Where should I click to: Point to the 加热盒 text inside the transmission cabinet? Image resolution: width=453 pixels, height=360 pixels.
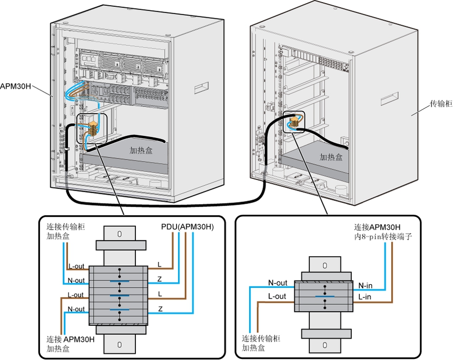point(331,157)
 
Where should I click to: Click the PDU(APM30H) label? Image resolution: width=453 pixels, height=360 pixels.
point(188,227)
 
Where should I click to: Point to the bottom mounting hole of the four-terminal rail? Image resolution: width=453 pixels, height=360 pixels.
point(120,344)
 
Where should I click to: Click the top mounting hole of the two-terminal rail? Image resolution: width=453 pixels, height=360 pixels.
point(323,265)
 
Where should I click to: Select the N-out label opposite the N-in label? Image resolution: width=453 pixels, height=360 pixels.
point(278,283)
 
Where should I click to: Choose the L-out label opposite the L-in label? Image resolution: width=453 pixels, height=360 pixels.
point(278,296)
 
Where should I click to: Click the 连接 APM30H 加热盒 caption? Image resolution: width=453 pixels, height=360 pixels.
point(70,343)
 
